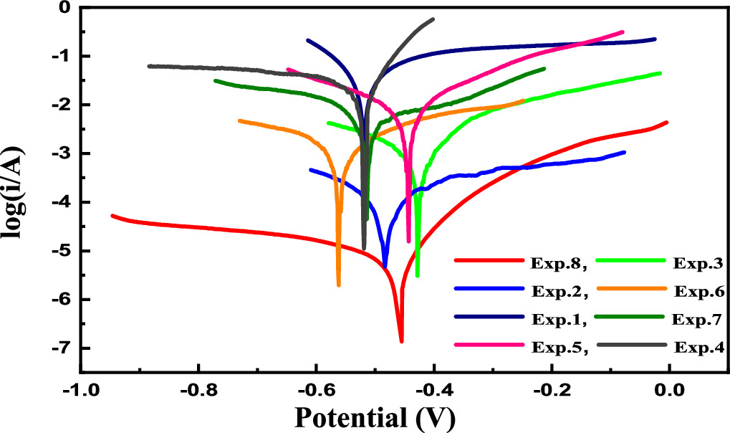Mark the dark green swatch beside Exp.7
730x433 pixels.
pos(631,318)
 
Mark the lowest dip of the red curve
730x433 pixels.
pos(401,342)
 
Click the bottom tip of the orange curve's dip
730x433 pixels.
pos(338,285)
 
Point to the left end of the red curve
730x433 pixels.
pos(112,215)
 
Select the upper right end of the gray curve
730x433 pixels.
pos(433,19)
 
